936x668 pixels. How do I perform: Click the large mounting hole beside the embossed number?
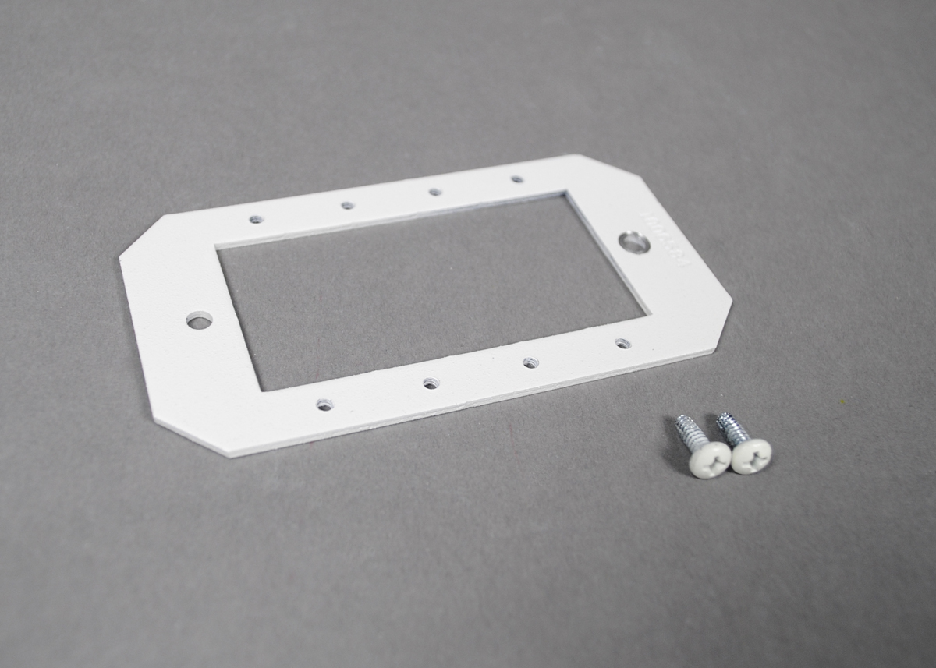click(636, 242)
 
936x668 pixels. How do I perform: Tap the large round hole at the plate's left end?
click(199, 320)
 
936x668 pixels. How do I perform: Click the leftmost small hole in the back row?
click(256, 219)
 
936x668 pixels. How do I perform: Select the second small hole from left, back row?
click(347, 205)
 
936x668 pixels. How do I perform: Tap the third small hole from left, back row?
click(434, 191)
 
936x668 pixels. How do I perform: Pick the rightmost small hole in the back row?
click(517, 178)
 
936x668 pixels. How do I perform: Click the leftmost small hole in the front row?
click(324, 405)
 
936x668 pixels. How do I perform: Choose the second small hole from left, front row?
click(431, 383)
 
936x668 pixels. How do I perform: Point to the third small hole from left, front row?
click(530, 362)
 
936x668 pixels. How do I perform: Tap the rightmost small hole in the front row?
click(622, 343)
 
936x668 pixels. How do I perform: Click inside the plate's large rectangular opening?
click(429, 292)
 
